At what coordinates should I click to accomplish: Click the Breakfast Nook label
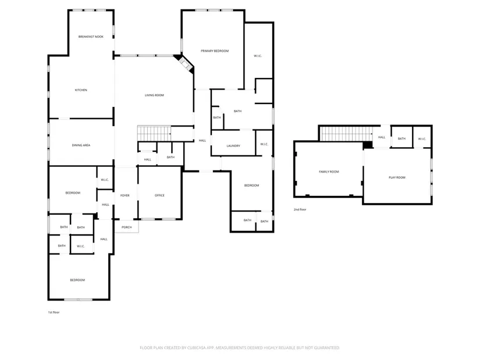point(91,37)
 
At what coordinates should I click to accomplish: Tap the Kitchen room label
point(81,90)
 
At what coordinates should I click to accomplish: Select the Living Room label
point(154,95)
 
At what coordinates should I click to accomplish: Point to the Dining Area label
point(81,145)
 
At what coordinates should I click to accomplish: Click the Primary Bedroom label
point(215,51)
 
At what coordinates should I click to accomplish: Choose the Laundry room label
point(233,146)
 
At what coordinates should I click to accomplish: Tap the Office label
point(159,195)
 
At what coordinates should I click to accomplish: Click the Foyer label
point(125,195)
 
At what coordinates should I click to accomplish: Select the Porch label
point(127,227)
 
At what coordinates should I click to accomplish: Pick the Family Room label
point(329,172)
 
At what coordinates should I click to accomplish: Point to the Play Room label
point(397,177)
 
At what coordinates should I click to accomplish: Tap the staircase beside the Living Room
point(154,133)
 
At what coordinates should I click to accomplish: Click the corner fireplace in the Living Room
point(184,63)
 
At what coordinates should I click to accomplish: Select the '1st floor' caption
point(54,312)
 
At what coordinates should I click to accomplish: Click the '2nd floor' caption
point(300,209)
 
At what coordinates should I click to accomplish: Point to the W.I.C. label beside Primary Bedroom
point(258,56)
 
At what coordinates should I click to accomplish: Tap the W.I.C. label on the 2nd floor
point(422,139)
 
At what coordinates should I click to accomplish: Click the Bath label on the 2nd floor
point(401,138)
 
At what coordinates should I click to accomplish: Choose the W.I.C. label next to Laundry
point(264,144)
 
